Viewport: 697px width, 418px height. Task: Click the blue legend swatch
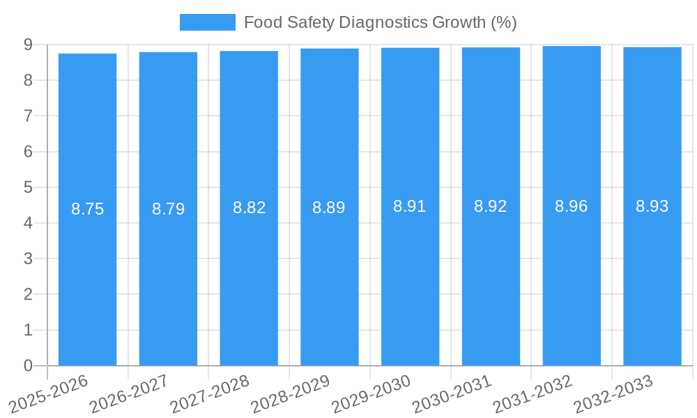tap(207, 22)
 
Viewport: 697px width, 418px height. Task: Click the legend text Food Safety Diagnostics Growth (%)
tap(380, 22)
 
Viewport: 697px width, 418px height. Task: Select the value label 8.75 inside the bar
tap(87, 209)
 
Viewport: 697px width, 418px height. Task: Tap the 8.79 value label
tap(168, 208)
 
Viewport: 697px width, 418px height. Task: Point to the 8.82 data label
tap(249, 208)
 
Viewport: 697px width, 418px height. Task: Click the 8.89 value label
tap(329, 207)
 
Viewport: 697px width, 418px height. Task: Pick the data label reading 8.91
tap(410, 206)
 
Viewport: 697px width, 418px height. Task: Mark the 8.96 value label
tap(572, 206)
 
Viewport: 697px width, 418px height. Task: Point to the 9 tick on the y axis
tap(28, 45)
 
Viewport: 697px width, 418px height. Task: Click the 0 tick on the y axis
tap(28, 366)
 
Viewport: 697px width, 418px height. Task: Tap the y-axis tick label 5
tap(28, 187)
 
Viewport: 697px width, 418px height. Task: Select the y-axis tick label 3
tap(28, 258)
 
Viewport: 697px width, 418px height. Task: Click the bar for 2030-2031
tap(491, 279)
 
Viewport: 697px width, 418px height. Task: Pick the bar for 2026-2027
tap(168, 279)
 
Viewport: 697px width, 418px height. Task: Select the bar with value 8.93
tap(652, 279)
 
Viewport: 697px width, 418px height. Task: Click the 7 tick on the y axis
tap(28, 116)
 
